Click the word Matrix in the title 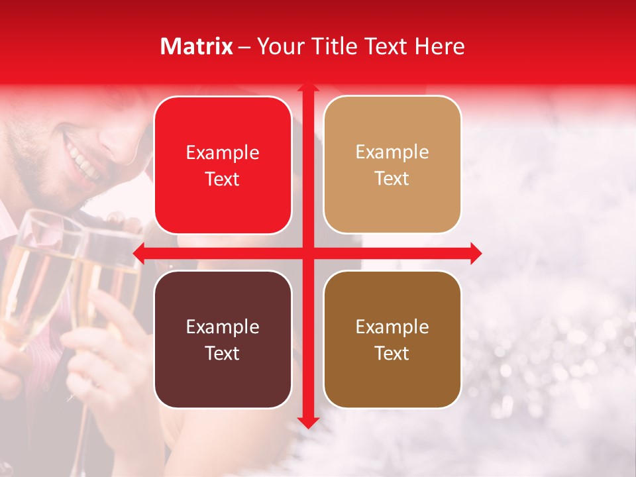[197, 46]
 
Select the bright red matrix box [223, 165]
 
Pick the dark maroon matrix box [223, 339]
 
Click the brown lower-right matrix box [392, 339]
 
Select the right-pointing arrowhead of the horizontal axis [475, 253]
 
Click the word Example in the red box [223, 152]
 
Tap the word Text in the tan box [392, 178]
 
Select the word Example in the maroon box [223, 327]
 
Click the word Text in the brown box [392, 353]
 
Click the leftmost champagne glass [33, 278]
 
